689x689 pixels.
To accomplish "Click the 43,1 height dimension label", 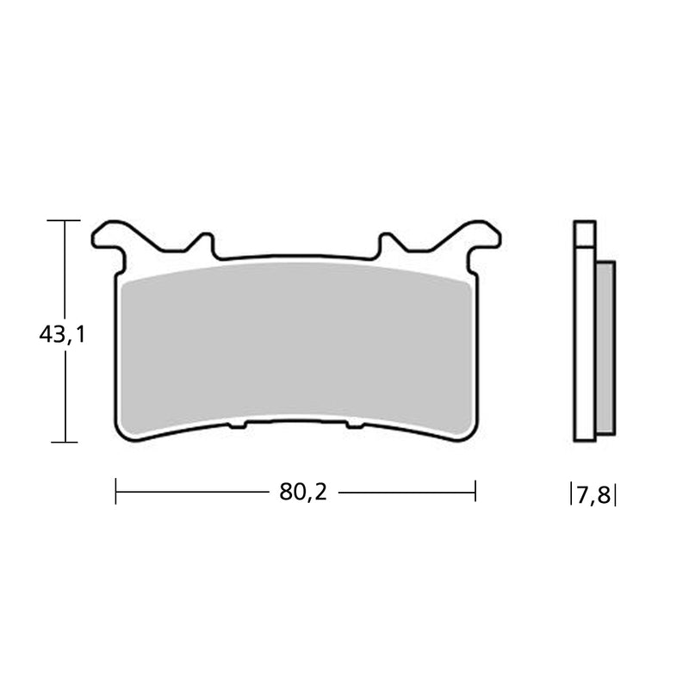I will pyautogui.click(x=62, y=335).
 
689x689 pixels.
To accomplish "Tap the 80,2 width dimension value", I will pyautogui.click(x=303, y=493).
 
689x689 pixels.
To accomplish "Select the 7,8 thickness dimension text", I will pyautogui.click(x=593, y=495).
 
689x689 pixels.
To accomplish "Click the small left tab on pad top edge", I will pyautogui.click(x=205, y=244).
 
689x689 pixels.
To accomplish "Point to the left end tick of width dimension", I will pyautogui.click(x=116, y=493).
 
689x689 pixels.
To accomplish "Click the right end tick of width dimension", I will pyautogui.click(x=475, y=493).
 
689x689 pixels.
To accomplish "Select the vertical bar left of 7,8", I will pyautogui.click(x=571, y=495).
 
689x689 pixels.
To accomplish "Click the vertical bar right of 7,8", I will pyautogui.click(x=616, y=495).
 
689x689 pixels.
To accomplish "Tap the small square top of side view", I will pyautogui.click(x=584, y=233).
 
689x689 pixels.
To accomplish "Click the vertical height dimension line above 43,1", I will pyautogui.click(x=65, y=267).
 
